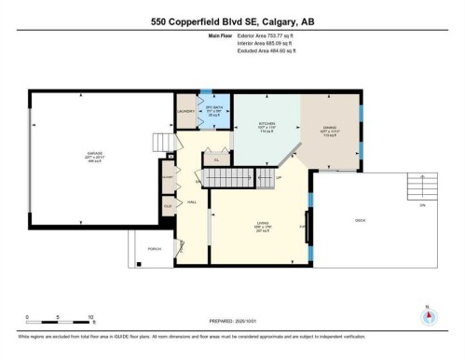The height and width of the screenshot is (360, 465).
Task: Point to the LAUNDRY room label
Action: pyautogui.click(x=185, y=112)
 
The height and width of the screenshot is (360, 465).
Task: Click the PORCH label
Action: pyautogui.click(x=154, y=248)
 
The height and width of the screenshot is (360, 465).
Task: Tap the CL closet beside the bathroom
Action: pyautogui.click(x=216, y=159)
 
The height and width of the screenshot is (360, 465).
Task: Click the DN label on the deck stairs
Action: pyautogui.click(x=421, y=205)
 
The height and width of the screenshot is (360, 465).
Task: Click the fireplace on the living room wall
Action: pyautogui.click(x=308, y=225)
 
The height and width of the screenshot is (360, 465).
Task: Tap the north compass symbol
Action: pyautogui.click(x=428, y=315)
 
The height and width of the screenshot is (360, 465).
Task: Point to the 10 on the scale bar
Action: pyautogui.click(x=90, y=317)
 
